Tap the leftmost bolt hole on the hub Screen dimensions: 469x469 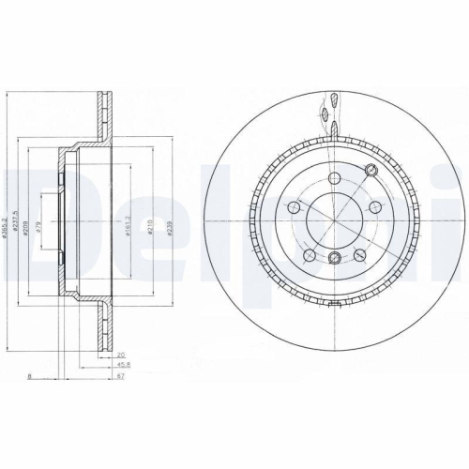pyautogui.click(x=295, y=207)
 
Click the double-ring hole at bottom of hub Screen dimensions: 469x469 pyautogui.click(x=336, y=258)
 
